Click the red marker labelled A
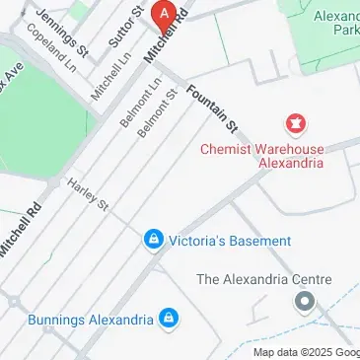click(165, 14)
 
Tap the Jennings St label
click(62, 33)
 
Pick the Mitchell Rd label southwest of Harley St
click(20, 229)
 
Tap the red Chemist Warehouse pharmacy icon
click(294, 124)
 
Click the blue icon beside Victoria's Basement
click(153, 240)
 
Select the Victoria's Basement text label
click(230, 241)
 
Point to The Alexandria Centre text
click(263, 279)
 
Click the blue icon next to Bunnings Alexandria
click(170, 319)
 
